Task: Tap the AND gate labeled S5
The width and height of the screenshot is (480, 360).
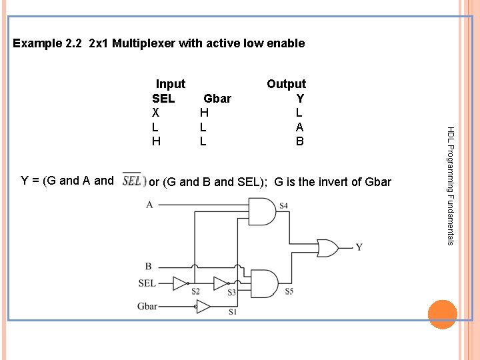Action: [263, 283]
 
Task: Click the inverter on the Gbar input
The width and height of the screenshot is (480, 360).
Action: [203, 307]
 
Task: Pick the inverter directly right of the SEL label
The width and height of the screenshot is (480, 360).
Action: [181, 283]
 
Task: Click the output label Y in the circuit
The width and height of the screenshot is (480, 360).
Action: [359, 247]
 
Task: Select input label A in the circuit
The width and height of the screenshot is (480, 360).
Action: [149, 205]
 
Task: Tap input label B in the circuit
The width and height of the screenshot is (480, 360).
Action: [148, 267]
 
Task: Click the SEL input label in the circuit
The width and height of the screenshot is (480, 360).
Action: [147, 283]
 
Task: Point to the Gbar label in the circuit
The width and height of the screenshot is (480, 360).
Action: [147, 307]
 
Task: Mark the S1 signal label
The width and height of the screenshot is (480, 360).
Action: [233, 311]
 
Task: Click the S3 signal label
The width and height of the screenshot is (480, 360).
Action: [231, 292]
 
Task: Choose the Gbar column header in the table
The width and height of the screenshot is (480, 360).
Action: [217, 99]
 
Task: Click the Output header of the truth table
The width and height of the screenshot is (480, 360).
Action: [286, 84]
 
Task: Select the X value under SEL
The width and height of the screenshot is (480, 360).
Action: [155, 113]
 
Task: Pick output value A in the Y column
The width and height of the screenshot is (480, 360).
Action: [299, 127]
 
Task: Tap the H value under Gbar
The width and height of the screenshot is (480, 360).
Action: [203, 113]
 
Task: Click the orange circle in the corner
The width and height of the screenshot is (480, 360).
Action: [442, 315]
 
